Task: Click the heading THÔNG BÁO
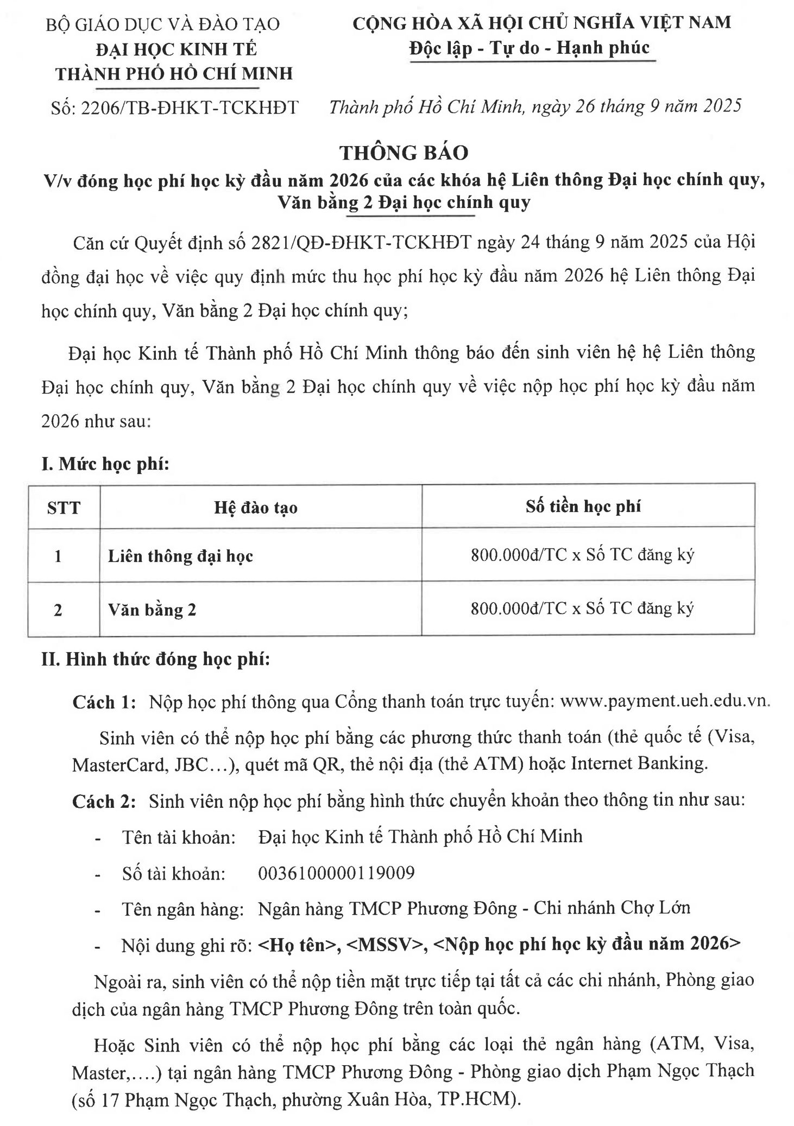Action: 404,153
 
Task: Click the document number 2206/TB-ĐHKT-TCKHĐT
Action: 190,107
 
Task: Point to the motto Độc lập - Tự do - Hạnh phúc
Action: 530,48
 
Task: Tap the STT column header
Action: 64,508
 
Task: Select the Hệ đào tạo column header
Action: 255,508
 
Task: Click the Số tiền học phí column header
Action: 583,506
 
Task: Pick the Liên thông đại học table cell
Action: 181,556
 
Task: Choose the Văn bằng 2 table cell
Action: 152,610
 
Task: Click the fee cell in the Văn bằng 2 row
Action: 582,609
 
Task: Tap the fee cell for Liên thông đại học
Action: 582,555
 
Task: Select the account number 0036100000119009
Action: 336,872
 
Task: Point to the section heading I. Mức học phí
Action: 105,464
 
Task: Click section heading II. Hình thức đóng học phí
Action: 156,659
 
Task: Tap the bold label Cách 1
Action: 104,701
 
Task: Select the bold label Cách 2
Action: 104,801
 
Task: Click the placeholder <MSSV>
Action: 383,944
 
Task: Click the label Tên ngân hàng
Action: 183,909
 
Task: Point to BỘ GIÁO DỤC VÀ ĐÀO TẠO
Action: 162,24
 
